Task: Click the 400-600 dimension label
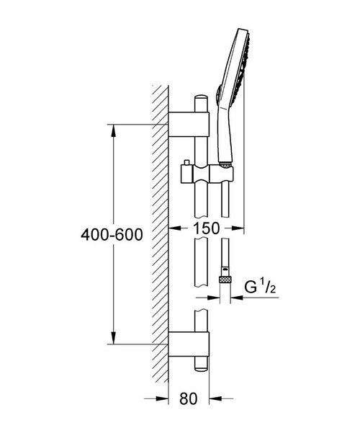coord(112,235)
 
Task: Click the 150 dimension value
coord(206,228)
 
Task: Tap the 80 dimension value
coord(189,398)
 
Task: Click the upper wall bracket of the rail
coord(189,124)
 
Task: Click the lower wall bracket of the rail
coord(189,344)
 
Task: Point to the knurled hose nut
coord(226,280)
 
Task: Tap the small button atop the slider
coord(186,162)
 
